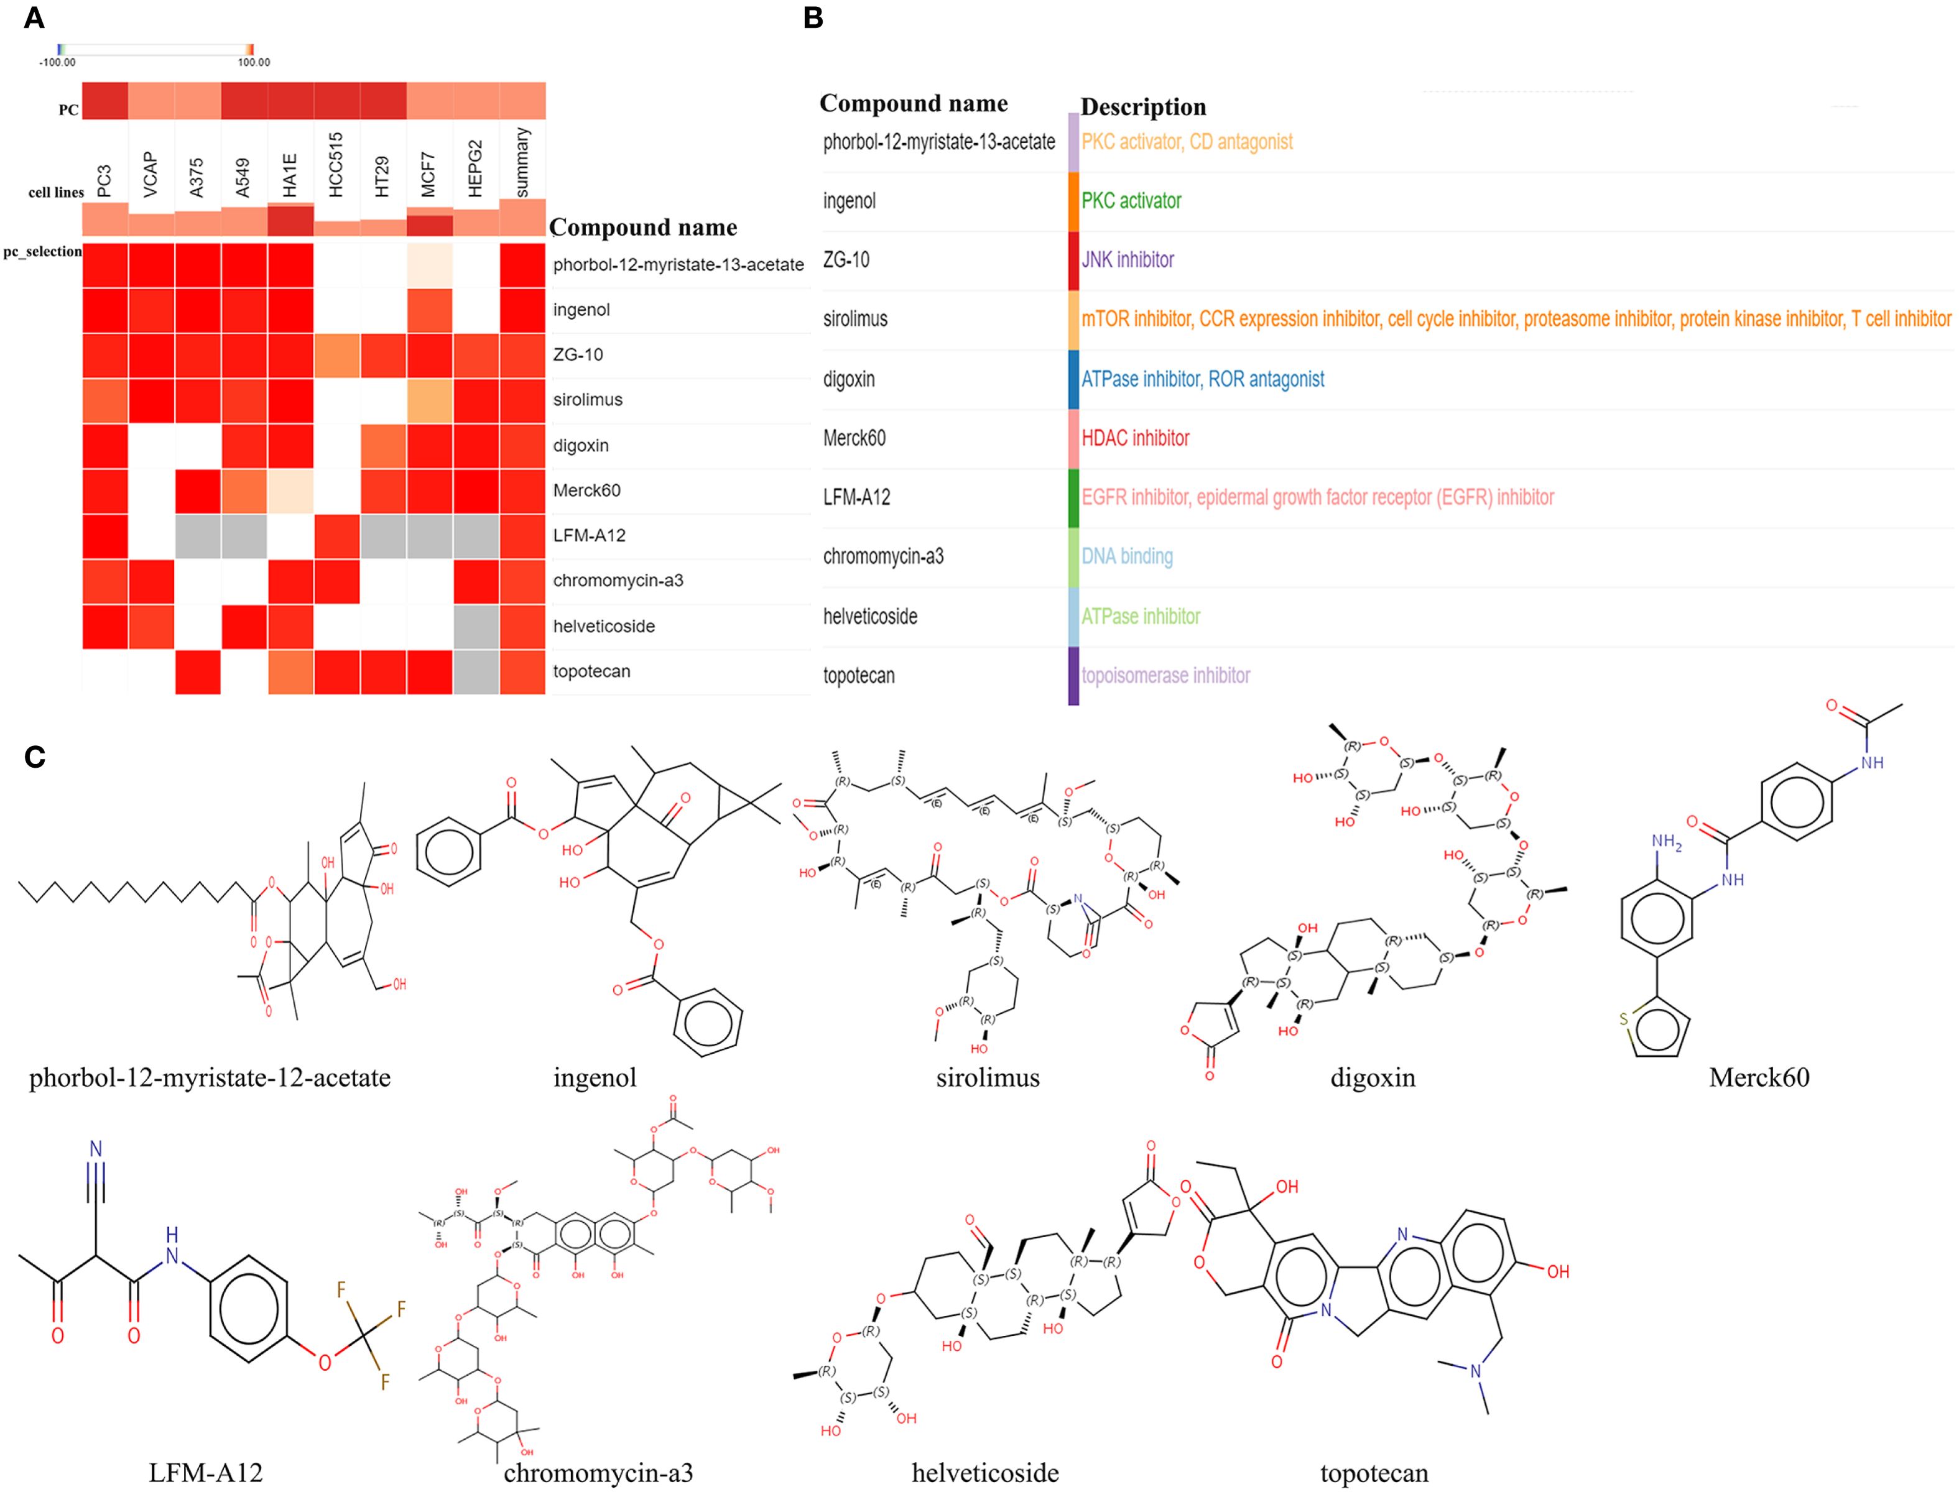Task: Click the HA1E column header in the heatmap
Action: (x=290, y=176)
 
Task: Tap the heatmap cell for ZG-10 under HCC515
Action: (x=336, y=355)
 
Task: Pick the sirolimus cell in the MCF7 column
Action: (x=429, y=400)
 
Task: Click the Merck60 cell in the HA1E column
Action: (x=290, y=491)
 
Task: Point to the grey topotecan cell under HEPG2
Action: (x=475, y=672)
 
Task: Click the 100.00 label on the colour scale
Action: (x=254, y=63)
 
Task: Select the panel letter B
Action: (x=812, y=19)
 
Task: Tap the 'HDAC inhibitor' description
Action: (x=1136, y=438)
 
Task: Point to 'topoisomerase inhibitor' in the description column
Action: (x=1165, y=676)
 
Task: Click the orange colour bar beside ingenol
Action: (x=1073, y=201)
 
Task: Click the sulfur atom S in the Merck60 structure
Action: (x=1623, y=1019)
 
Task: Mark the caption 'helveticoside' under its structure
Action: (x=985, y=1473)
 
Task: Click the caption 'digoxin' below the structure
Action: (x=1373, y=1078)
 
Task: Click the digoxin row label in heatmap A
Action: (x=581, y=446)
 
